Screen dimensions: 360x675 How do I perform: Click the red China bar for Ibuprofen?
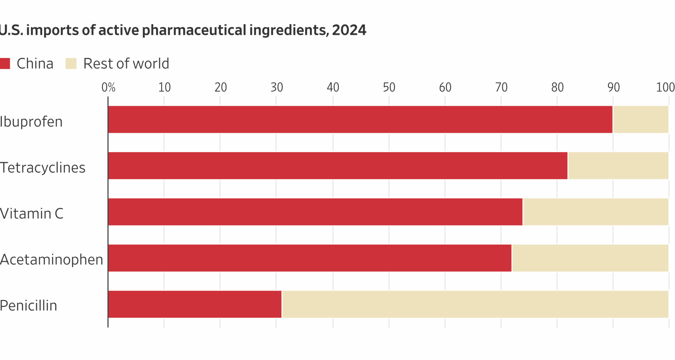360,120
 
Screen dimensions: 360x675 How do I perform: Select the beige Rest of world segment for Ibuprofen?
641,120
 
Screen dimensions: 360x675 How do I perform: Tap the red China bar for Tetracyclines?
337,166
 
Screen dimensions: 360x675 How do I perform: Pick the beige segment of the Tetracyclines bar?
618,166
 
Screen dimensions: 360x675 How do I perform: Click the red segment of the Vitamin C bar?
315,212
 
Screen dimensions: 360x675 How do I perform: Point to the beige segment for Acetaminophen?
590,258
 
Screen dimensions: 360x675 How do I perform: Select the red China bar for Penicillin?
195,304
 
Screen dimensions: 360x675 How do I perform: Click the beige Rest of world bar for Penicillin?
475,304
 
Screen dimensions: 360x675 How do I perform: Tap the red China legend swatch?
5,64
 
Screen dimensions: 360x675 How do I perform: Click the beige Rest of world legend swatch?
71,64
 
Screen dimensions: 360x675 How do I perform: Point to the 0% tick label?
108,87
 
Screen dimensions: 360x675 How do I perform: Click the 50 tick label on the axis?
389,87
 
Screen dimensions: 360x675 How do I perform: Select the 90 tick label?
613,87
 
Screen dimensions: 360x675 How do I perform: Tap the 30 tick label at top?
277,87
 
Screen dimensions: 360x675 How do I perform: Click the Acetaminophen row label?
51,260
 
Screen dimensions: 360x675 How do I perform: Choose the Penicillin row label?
28,306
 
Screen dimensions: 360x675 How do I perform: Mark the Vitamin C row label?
32,213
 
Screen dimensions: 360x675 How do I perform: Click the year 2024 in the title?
349,30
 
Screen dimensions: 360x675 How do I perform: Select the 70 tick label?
501,87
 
